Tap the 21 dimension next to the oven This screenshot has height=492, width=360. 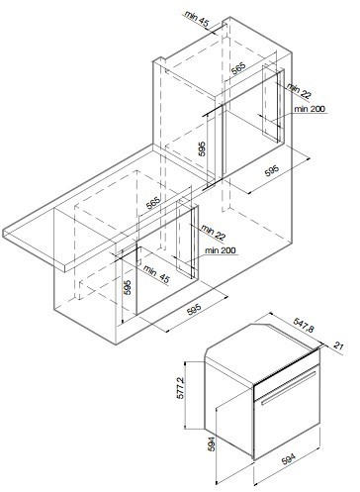pyautogui.click(x=339, y=345)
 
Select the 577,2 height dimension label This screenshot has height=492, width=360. pyautogui.click(x=182, y=390)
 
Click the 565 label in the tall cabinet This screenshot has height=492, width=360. pyautogui.click(x=238, y=69)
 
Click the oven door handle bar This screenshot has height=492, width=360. pyautogui.click(x=287, y=390)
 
